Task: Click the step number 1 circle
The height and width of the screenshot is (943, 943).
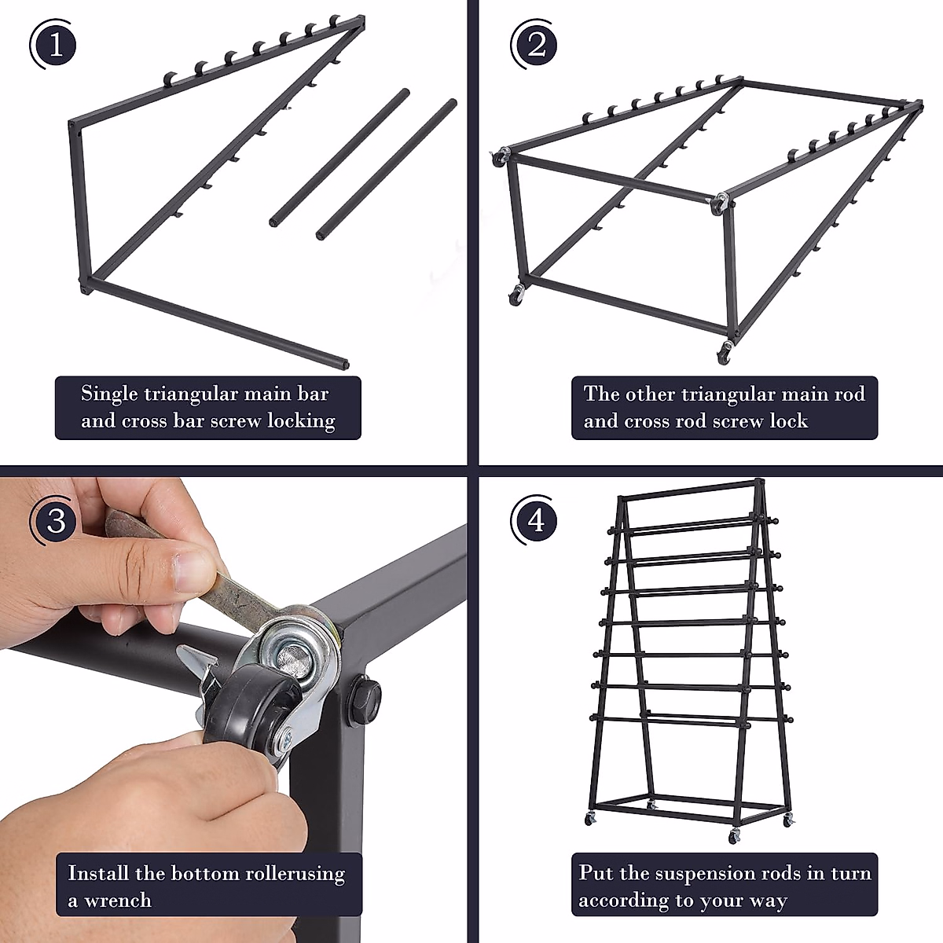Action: click(55, 45)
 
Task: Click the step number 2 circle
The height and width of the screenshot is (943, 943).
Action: click(537, 45)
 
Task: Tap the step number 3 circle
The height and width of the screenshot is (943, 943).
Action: click(55, 520)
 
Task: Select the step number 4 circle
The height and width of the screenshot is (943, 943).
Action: click(537, 520)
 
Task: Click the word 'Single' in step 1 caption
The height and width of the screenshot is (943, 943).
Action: click(109, 394)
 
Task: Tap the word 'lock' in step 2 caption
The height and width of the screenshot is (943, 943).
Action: click(788, 421)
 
